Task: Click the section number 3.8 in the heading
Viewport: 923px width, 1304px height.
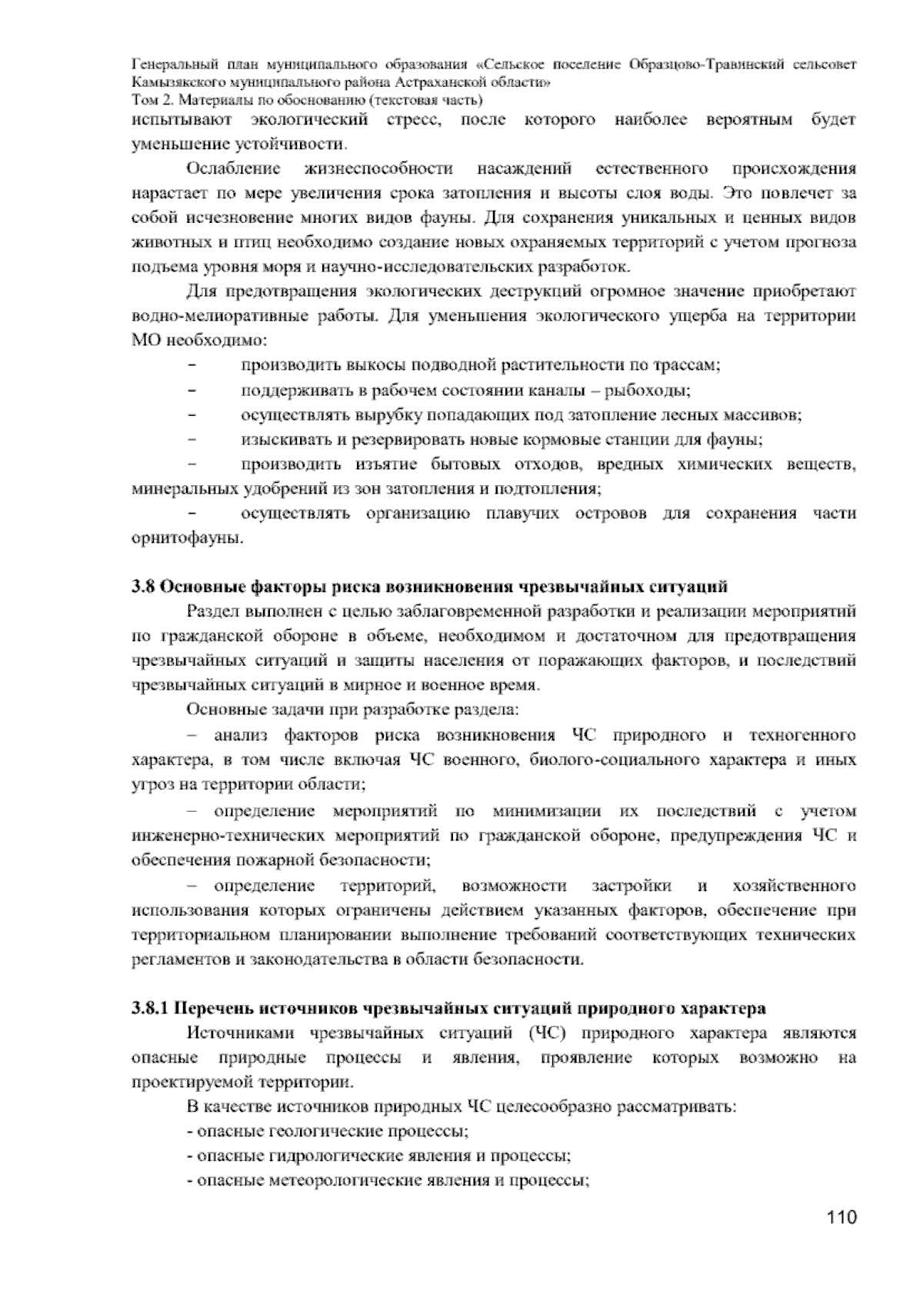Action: [142, 587]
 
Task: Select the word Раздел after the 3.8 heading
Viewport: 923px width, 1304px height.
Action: [211, 612]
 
